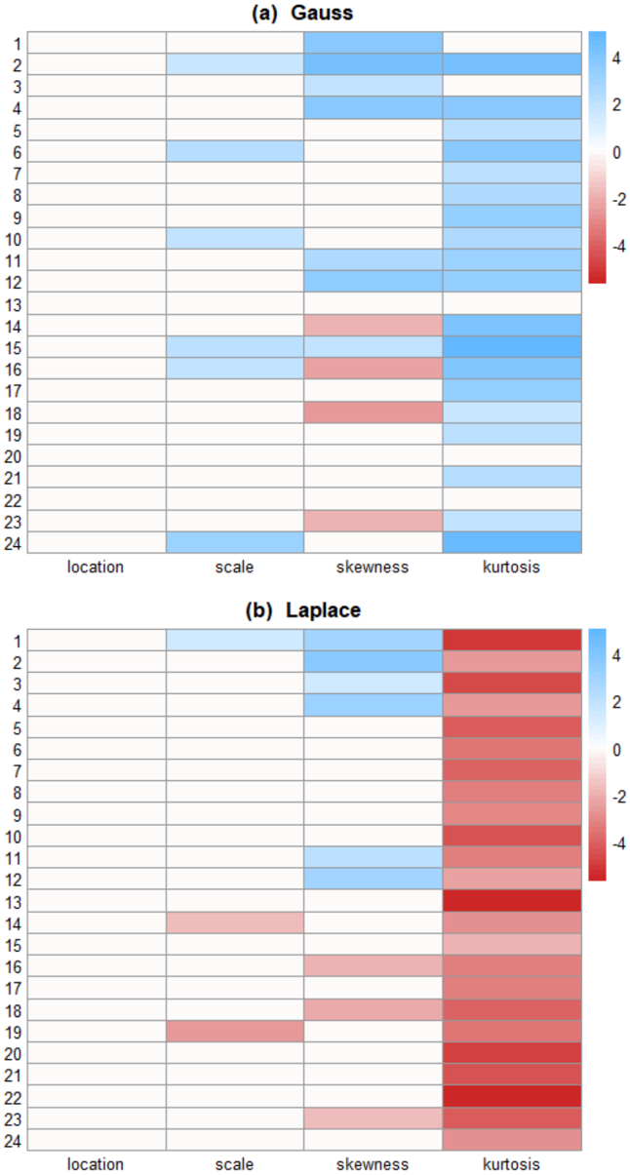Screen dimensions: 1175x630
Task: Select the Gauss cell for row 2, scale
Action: point(235,64)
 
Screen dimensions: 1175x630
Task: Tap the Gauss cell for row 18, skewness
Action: point(374,412)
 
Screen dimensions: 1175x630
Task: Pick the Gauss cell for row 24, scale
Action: point(235,541)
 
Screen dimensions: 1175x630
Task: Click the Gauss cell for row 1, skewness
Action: point(374,42)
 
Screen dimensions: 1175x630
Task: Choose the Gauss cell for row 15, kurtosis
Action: point(512,347)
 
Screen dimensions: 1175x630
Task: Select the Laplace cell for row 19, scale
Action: point(235,1031)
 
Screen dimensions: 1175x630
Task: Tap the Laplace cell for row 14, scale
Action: point(235,922)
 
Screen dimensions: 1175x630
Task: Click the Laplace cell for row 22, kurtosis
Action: point(512,1096)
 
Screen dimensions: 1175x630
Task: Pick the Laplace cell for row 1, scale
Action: point(235,640)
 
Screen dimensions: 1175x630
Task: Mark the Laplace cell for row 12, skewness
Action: point(374,879)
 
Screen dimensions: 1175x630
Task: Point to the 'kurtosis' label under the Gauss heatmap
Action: point(512,566)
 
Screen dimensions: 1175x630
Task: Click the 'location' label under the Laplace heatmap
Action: point(96,1163)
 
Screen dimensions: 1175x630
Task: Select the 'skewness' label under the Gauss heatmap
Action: point(374,566)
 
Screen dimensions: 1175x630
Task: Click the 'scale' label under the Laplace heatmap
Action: point(235,1163)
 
